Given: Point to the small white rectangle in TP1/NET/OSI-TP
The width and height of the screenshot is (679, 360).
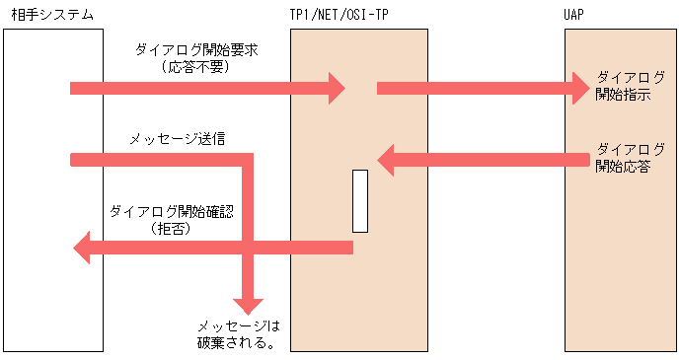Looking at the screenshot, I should click(x=360, y=201).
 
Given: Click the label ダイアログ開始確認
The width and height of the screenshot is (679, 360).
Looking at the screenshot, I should click(x=172, y=210).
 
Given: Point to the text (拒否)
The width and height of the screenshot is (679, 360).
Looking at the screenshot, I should click(x=172, y=228).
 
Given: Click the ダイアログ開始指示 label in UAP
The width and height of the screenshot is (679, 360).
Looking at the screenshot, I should click(x=623, y=87).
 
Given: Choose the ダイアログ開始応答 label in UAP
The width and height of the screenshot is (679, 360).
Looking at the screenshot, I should click(x=623, y=158).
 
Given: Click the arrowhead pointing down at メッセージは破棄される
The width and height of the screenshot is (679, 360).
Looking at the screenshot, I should click(x=247, y=305).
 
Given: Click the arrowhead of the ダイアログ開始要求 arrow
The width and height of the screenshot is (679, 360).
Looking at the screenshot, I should click(x=336, y=88).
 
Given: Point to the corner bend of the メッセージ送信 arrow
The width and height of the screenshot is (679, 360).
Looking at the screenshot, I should click(x=247, y=159).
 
